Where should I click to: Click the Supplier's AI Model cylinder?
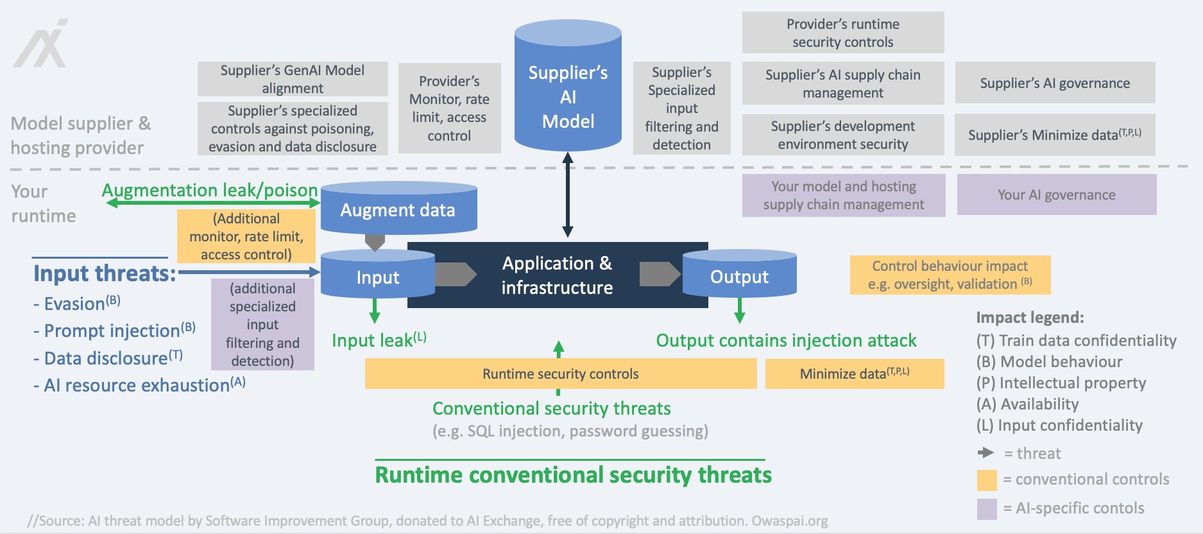click(x=568, y=85)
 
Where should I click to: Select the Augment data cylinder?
click(x=398, y=208)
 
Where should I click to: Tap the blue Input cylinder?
click(x=378, y=274)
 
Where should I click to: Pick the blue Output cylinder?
click(x=740, y=274)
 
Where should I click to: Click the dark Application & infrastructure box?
click(x=558, y=275)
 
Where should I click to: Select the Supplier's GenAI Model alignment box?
click(x=293, y=79)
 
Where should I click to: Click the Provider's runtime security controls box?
click(x=843, y=33)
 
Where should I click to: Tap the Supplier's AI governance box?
click(x=1055, y=83)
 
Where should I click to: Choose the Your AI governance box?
click(x=1057, y=194)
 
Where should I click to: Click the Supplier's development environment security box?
click(x=843, y=135)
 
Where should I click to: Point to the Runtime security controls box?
click(x=561, y=374)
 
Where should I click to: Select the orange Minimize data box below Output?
click(x=855, y=374)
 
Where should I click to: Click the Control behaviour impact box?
click(x=950, y=275)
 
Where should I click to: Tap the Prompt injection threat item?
click(x=114, y=330)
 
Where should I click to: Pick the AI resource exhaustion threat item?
click(x=139, y=384)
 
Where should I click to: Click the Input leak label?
click(x=379, y=340)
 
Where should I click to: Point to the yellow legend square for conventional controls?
click(x=987, y=480)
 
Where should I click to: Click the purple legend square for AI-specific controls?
click(x=987, y=509)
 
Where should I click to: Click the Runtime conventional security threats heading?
click(x=573, y=475)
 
